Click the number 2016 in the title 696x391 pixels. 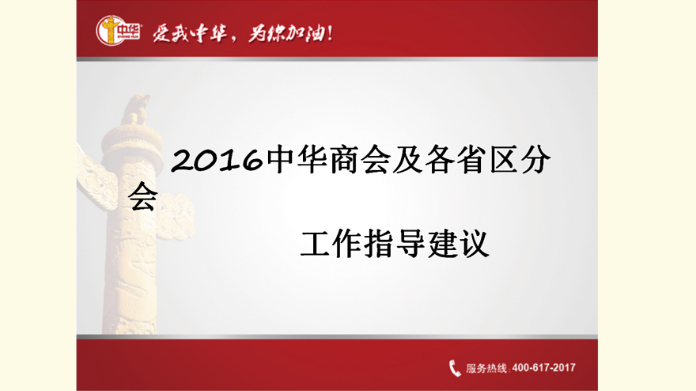217,160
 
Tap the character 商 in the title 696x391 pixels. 345,160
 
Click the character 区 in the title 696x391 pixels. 503,160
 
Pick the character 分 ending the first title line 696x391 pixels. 535,160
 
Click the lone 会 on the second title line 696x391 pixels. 143,196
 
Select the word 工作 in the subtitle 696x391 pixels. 331,244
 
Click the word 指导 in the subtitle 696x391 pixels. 395,244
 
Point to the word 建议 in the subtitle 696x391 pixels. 459,244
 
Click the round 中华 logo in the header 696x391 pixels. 118,31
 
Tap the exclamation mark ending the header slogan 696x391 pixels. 329,33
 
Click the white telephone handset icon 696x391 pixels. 455,368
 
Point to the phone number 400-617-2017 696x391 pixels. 544,368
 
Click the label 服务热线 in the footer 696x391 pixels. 486,368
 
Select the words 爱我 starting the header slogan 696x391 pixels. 172,33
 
